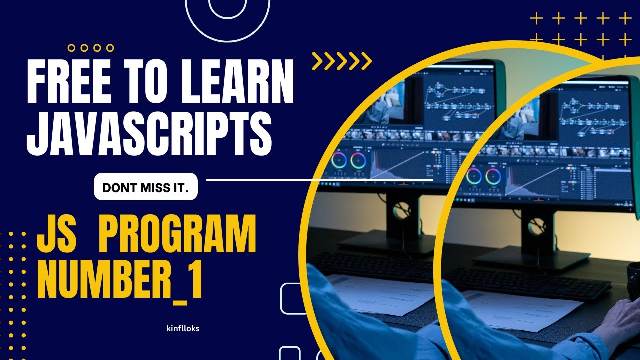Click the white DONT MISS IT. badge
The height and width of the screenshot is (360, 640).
(x=145, y=188)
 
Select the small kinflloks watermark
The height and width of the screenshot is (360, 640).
(x=183, y=328)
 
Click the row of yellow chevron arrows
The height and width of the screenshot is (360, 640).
(x=342, y=61)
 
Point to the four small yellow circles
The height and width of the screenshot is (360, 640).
(x=90, y=48)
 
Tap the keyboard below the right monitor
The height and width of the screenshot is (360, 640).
(x=530, y=282)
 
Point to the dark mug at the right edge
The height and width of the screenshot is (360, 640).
(x=634, y=280)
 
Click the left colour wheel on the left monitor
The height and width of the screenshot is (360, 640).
(x=338, y=161)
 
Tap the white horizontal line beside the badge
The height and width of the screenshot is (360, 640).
(x=320, y=179)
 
